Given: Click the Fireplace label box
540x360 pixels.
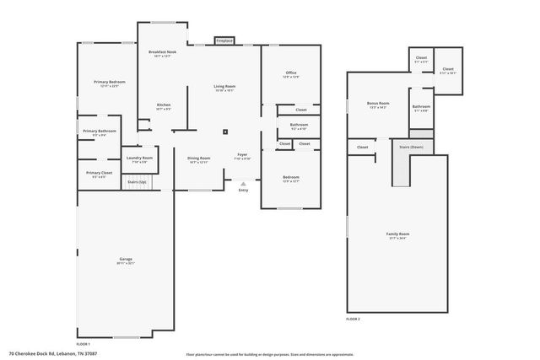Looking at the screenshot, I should (224, 40).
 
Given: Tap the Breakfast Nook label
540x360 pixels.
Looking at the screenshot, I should (162, 52).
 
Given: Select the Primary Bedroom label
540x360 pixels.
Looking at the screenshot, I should (110, 82).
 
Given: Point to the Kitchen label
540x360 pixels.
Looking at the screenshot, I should (164, 105).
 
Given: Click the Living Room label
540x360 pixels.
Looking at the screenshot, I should (224, 88).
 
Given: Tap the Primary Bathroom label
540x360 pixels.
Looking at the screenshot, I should (100, 132).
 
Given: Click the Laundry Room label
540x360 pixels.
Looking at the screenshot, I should (139, 159).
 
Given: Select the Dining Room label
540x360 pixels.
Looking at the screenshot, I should (198, 158).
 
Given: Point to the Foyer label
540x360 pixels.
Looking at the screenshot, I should (242, 156).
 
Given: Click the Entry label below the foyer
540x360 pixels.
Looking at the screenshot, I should (244, 190).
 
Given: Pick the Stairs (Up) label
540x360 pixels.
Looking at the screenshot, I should (137, 182).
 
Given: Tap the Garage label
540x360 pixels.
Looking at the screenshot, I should (125, 260).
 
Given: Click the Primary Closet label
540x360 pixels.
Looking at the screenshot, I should (99, 174).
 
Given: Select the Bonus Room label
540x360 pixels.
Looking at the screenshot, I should (377, 104).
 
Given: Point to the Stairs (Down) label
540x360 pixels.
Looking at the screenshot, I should (411, 147).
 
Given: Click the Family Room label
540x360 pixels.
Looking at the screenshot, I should (397, 235).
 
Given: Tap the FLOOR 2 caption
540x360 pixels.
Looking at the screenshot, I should (353, 320).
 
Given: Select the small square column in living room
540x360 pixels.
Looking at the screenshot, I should (225, 132).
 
